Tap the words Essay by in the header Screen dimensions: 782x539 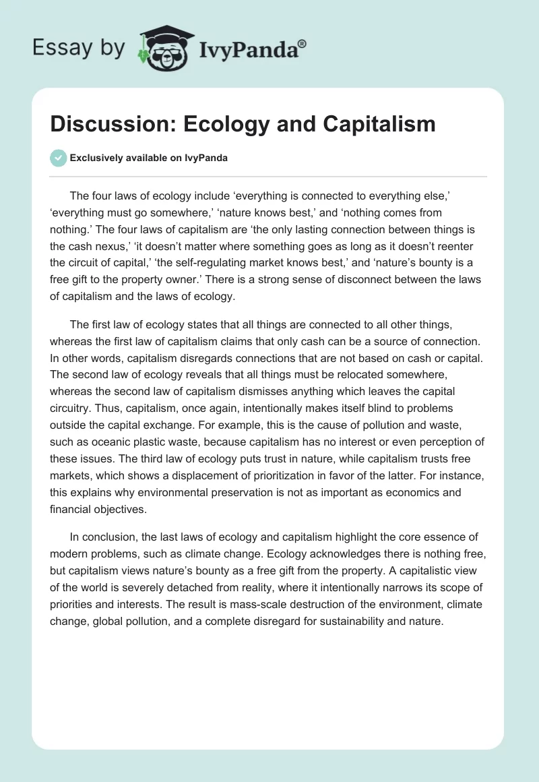(x=78, y=48)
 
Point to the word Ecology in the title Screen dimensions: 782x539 (x=230, y=124)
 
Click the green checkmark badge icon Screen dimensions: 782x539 (x=59, y=158)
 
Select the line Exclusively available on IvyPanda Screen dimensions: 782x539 (x=149, y=158)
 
